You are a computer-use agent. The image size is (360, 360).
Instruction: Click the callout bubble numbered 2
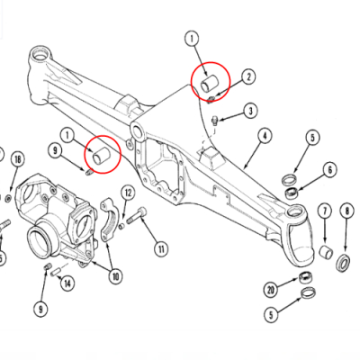(248, 77)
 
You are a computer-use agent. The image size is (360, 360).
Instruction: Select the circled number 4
(265, 136)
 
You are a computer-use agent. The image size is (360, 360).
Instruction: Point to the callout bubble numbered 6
(330, 170)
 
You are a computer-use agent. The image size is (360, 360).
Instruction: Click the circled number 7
(324, 211)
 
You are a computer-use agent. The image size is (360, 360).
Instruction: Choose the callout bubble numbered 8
(347, 211)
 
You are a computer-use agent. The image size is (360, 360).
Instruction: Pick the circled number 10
(116, 276)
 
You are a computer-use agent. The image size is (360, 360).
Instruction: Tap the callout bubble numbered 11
(161, 248)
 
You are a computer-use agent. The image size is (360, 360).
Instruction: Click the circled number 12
(128, 193)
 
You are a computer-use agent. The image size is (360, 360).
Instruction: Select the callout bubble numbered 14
(67, 283)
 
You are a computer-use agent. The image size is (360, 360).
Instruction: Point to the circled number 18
(18, 159)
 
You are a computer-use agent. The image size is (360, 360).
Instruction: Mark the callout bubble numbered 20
(271, 290)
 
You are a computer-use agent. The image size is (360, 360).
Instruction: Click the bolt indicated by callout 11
(137, 216)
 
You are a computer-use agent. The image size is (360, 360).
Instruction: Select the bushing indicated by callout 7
(326, 253)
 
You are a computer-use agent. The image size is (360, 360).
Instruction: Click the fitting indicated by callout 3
(214, 121)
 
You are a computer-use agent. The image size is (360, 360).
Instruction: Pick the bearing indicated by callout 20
(306, 277)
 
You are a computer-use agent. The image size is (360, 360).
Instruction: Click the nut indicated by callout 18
(8, 198)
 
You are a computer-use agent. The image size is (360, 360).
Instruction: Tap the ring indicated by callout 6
(292, 193)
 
